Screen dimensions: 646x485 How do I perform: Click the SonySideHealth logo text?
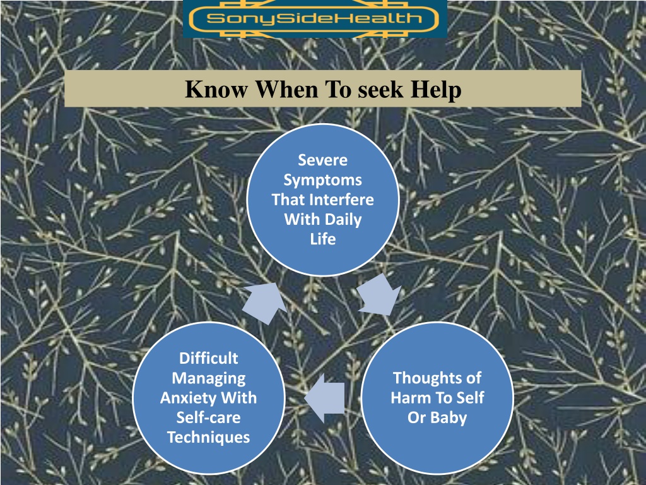click(x=314, y=18)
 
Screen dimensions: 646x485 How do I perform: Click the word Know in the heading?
click(x=216, y=89)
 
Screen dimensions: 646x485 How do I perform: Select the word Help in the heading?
click(x=436, y=90)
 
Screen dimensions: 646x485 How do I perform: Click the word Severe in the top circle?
click(x=322, y=160)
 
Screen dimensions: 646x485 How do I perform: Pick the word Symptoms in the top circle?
click(x=322, y=180)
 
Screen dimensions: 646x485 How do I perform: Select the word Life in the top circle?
click(x=323, y=239)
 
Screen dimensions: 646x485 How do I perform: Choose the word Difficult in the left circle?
click(x=208, y=358)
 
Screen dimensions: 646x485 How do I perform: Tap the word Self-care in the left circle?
click(x=208, y=417)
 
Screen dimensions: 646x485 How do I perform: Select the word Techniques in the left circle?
click(x=208, y=438)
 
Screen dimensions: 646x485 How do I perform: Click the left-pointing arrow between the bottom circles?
click(x=325, y=398)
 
